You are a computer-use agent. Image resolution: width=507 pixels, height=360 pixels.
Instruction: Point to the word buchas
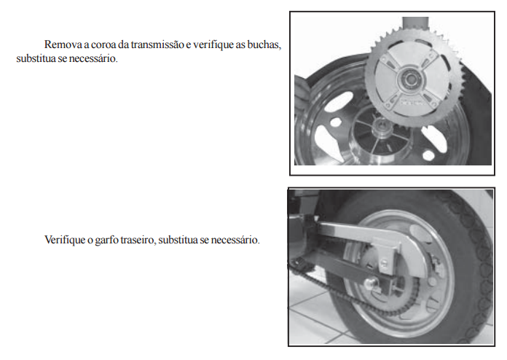(x=264, y=44)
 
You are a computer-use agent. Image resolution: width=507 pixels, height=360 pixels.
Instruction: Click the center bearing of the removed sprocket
(x=411, y=79)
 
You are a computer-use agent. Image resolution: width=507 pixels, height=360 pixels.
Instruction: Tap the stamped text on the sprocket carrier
(x=412, y=102)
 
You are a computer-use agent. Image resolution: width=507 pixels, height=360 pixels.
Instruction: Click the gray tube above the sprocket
(x=415, y=24)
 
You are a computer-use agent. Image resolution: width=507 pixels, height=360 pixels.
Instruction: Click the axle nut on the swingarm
(x=369, y=284)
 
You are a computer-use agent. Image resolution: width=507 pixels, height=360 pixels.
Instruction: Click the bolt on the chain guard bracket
(x=384, y=262)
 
